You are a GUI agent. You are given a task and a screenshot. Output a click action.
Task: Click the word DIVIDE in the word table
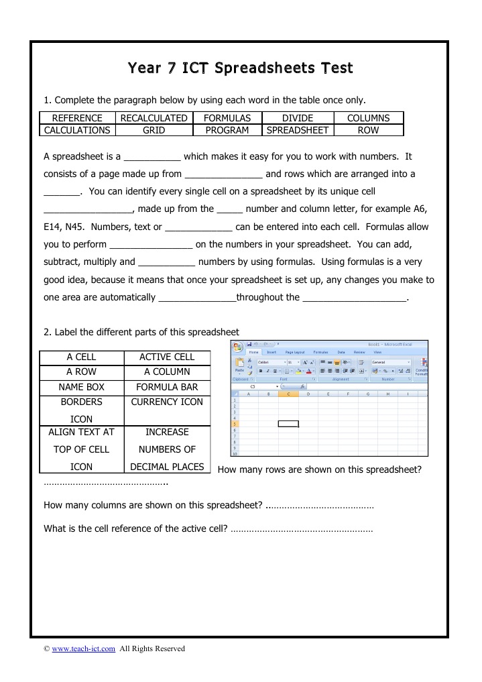pyautogui.click(x=298, y=118)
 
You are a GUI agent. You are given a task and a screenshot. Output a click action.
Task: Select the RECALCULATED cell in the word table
pyautogui.click(x=154, y=118)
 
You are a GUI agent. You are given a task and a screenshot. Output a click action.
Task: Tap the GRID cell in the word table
pyautogui.click(x=154, y=130)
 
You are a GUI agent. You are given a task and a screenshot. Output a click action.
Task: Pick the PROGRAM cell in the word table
pyautogui.click(x=227, y=130)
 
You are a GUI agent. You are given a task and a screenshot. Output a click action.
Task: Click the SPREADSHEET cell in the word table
pyautogui.click(x=298, y=130)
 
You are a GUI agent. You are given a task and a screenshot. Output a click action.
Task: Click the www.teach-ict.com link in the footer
pyautogui.click(x=84, y=648)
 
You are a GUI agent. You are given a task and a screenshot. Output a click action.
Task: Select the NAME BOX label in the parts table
pyautogui.click(x=81, y=387)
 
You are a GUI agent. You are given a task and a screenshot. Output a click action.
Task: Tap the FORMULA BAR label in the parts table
pyautogui.click(x=167, y=387)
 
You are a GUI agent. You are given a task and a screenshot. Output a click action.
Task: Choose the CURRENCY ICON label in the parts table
pyautogui.click(x=167, y=402)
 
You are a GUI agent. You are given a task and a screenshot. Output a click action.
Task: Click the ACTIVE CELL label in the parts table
pyautogui.click(x=167, y=357)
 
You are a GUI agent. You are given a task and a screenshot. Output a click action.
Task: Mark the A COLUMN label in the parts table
pyautogui.click(x=167, y=372)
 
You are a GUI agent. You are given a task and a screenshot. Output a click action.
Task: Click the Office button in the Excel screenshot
pyautogui.click(x=237, y=347)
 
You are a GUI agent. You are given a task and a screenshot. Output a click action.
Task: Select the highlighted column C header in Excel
pyautogui.click(x=288, y=394)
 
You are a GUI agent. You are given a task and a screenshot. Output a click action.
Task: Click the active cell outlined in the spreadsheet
pyautogui.click(x=288, y=424)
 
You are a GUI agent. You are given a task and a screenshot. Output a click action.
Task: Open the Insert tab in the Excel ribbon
pyautogui.click(x=272, y=352)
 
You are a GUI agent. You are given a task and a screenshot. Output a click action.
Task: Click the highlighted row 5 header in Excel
pyautogui.click(x=235, y=424)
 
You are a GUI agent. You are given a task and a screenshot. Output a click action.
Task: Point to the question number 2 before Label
pyautogui.click(x=46, y=332)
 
